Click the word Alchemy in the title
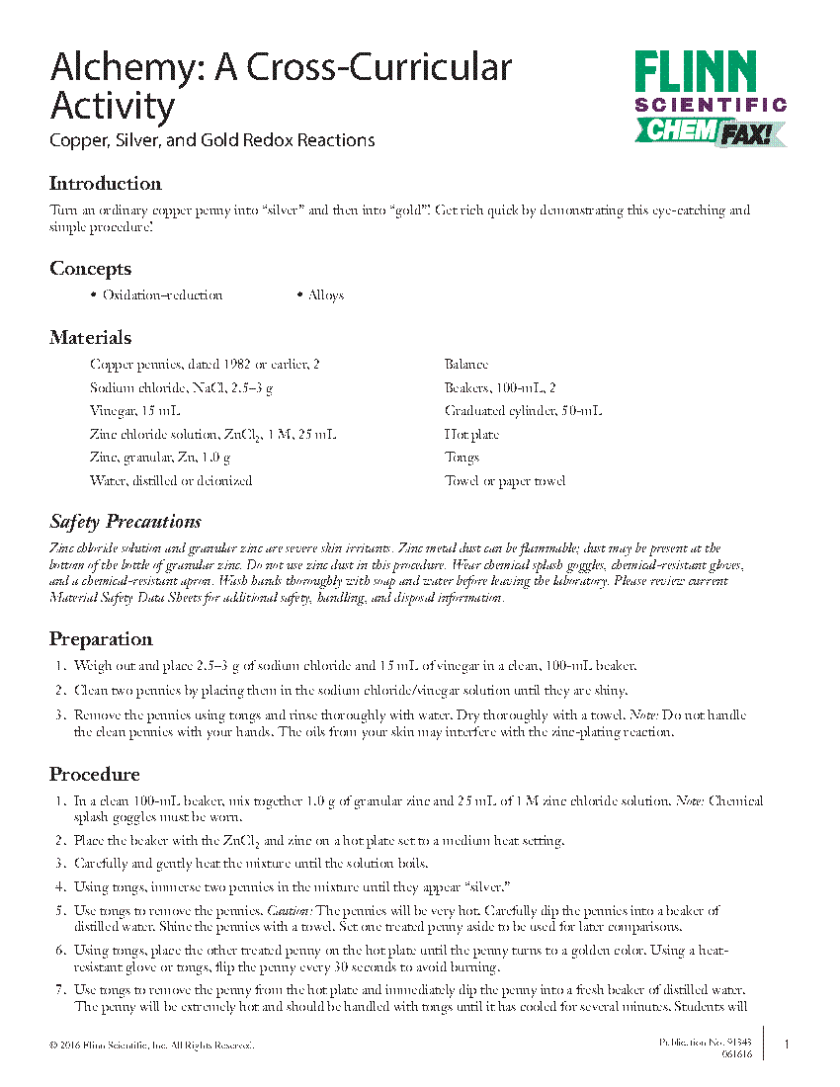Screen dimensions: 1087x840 pos(117,67)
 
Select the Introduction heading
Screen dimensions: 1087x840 pos(105,184)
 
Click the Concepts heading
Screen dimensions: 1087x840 pos(90,269)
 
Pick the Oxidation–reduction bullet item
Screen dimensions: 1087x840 pos(162,295)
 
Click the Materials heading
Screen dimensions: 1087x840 pos(90,338)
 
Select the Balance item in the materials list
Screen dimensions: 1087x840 pos(466,365)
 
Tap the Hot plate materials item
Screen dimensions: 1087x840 pos(471,435)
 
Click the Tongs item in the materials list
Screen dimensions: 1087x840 pos(462,458)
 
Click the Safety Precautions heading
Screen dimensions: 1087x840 pos(126,522)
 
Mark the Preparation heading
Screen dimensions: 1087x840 pos(101,638)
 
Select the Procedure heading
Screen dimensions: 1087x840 pos(95,774)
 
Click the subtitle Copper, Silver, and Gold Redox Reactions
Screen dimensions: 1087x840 pos(212,140)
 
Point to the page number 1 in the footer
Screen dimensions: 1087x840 pos(787,1045)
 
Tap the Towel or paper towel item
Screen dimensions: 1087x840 pos(505,481)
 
